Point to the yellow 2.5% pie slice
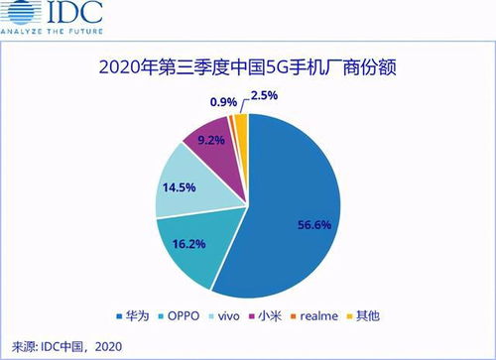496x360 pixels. click(238, 125)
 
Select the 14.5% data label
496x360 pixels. click(178, 184)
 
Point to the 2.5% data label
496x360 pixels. click(262, 95)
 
